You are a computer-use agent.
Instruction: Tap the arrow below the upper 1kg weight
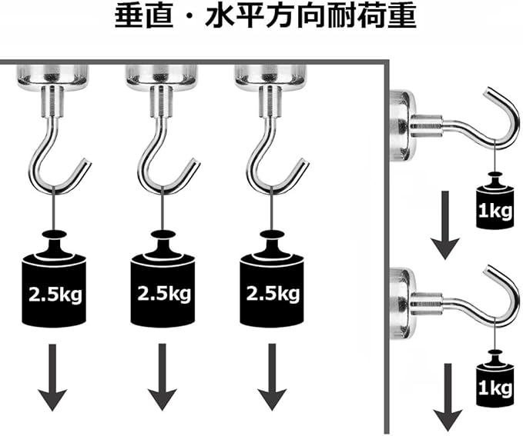point(444,228)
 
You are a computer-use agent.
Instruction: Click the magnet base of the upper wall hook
point(401,125)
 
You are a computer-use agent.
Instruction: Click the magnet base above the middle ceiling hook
point(162,75)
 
